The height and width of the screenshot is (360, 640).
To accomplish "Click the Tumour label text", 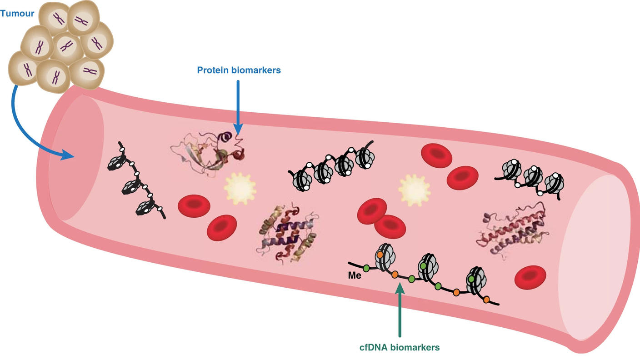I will click(x=17, y=14).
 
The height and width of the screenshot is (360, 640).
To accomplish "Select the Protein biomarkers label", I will click(x=239, y=70).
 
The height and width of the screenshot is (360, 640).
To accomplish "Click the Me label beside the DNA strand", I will click(x=355, y=275).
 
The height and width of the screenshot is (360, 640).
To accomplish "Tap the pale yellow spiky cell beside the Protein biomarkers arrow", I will click(x=240, y=187).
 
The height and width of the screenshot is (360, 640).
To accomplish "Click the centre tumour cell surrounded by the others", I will click(x=67, y=45).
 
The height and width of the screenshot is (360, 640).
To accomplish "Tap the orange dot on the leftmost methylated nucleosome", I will click(x=380, y=255).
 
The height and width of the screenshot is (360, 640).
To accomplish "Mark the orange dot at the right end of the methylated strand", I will click(x=486, y=300).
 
